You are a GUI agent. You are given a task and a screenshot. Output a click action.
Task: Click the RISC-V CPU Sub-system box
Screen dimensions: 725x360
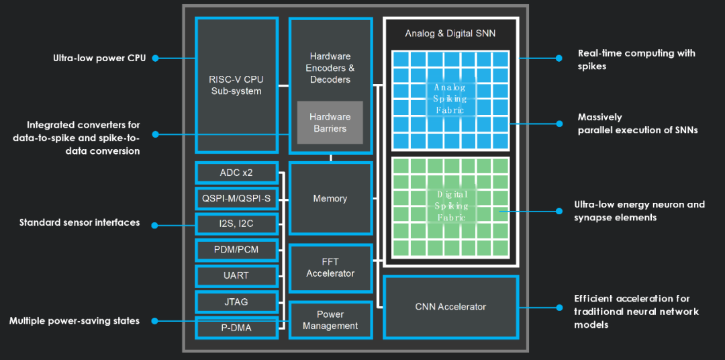[x=236, y=85]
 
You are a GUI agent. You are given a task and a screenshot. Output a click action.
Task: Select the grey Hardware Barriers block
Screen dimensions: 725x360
[x=330, y=123]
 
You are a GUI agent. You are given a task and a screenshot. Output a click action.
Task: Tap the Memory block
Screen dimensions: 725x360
[x=330, y=199]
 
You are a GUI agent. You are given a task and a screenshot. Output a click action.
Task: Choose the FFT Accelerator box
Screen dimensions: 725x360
[x=330, y=268]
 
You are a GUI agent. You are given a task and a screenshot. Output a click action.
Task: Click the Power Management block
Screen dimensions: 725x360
[x=330, y=320]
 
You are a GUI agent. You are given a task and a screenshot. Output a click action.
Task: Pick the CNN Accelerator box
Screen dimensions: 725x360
[x=451, y=307]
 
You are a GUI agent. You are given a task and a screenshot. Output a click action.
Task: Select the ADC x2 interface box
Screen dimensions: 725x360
[x=236, y=173]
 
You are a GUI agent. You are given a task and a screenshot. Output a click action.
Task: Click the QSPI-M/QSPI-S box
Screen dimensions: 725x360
[x=236, y=199]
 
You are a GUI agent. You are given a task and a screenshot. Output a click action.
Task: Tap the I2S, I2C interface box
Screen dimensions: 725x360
[x=236, y=224]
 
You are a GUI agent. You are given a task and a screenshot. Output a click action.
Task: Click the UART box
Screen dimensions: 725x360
[x=236, y=276]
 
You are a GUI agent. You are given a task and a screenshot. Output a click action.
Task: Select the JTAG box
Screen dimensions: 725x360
[x=236, y=302]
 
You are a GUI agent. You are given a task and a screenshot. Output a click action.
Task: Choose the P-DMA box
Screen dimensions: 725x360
[x=236, y=328]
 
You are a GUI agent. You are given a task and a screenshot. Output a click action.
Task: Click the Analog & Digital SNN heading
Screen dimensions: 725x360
[x=450, y=34]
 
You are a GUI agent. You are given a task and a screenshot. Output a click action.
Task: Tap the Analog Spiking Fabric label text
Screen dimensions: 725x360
[x=449, y=99]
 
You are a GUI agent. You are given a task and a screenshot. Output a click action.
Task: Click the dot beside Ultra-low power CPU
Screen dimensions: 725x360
[x=155, y=58]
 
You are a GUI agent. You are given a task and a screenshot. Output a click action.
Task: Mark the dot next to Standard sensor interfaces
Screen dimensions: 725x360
[x=155, y=225]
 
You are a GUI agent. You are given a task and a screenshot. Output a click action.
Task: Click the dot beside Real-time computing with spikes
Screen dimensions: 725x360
[x=559, y=58]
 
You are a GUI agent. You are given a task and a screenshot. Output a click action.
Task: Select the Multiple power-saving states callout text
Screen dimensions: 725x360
[x=75, y=320]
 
